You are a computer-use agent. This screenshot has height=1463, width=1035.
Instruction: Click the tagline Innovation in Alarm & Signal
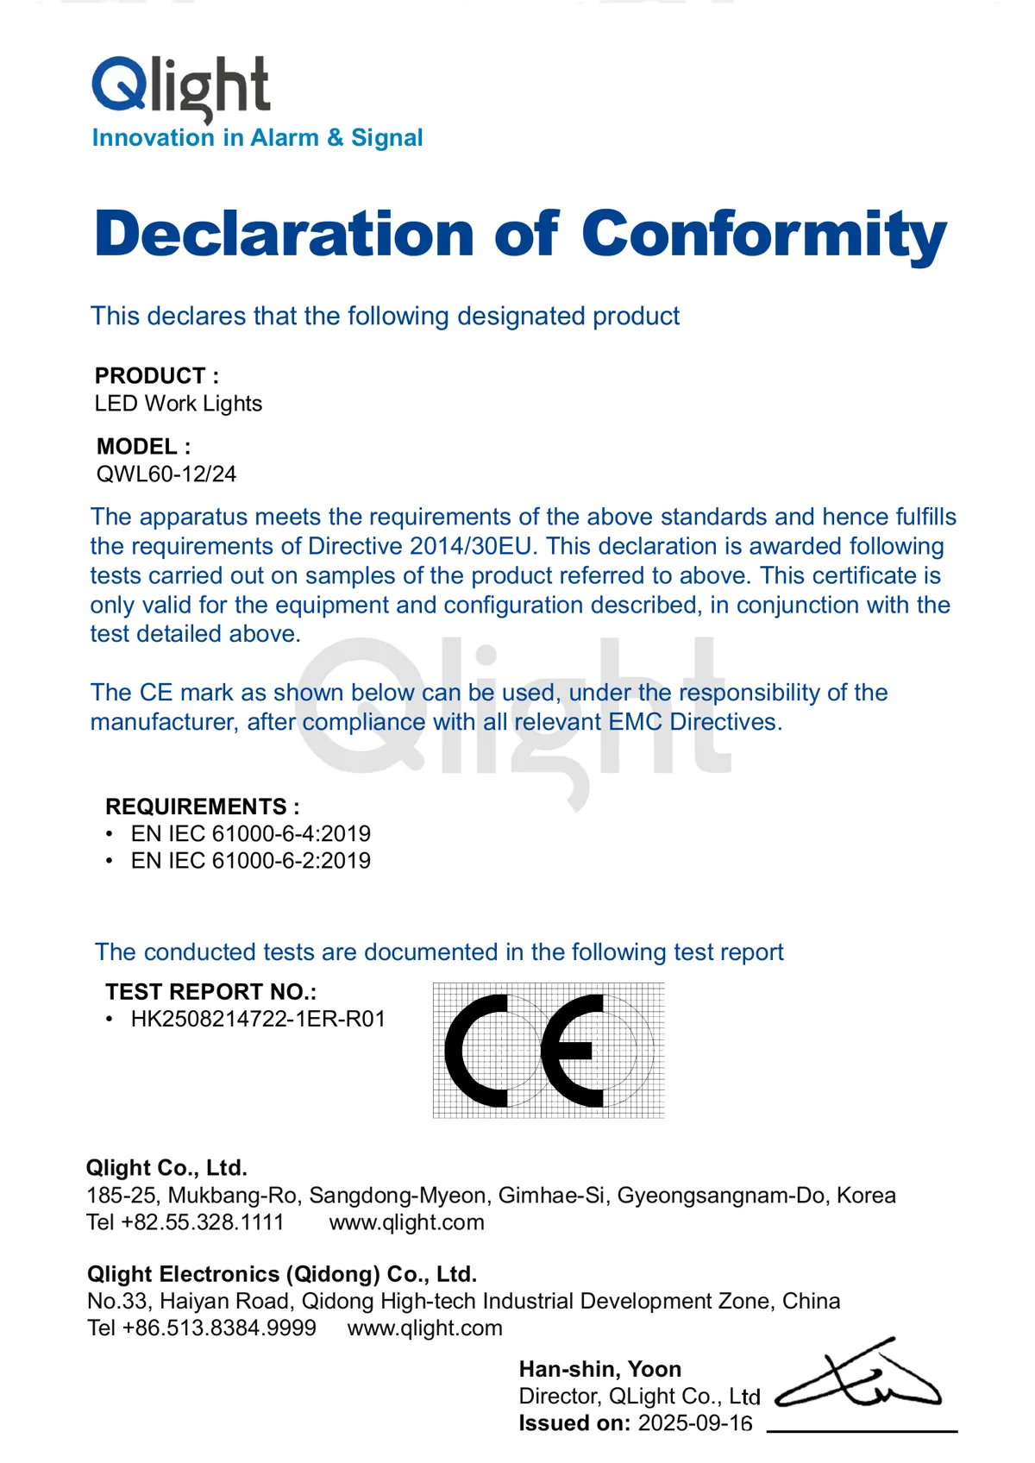click(257, 138)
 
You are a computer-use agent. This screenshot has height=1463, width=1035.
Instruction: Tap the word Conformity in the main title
click(764, 235)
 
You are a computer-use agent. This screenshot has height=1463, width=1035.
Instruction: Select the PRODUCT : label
click(157, 376)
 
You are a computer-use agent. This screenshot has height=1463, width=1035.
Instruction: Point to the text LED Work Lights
click(179, 404)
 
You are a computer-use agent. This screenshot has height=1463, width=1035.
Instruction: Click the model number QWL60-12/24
click(166, 474)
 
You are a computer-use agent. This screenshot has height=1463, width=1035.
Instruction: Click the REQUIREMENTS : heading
click(203, 807)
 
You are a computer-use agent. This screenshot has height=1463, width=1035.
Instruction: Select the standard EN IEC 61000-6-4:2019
click(250, 833)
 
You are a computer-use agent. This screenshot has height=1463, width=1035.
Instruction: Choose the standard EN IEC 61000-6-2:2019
click(250, 860)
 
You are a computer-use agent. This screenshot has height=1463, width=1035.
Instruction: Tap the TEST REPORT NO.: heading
click(211, 991)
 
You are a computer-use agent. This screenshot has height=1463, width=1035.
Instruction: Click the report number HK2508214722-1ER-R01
click(258, 1019)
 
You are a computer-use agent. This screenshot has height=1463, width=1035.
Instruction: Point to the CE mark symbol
click(549, 1051)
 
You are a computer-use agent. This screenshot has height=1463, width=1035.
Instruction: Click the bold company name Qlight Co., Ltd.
click(166, 1168)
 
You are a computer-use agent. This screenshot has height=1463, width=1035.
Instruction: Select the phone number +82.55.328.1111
click(203, 1222)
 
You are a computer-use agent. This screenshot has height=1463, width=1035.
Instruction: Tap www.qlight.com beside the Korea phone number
click(406, 1222)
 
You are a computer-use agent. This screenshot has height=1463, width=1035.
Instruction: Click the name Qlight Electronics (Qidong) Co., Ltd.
click(282, 1274)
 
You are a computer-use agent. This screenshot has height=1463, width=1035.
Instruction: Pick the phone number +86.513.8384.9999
click(219, 1328)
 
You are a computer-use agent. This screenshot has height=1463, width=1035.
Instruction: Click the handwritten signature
click(858, 1376)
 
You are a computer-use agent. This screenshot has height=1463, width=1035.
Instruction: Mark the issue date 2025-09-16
click(695, 1423)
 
